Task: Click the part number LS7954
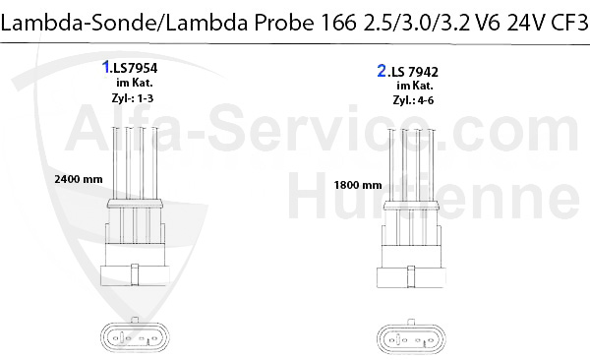click(x=136, y=68)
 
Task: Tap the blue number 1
click(x=106, y=67)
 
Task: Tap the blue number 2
click(x=382, y=71)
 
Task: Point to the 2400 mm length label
click(x=79, y=179)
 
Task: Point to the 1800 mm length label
click(x=358, y=185)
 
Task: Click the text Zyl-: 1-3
click(x=133, y=98)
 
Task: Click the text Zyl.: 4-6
click(x=413, y=100)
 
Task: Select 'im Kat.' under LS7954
click(x=135, y=83)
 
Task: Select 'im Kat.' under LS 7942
click(x=415, y=86)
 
